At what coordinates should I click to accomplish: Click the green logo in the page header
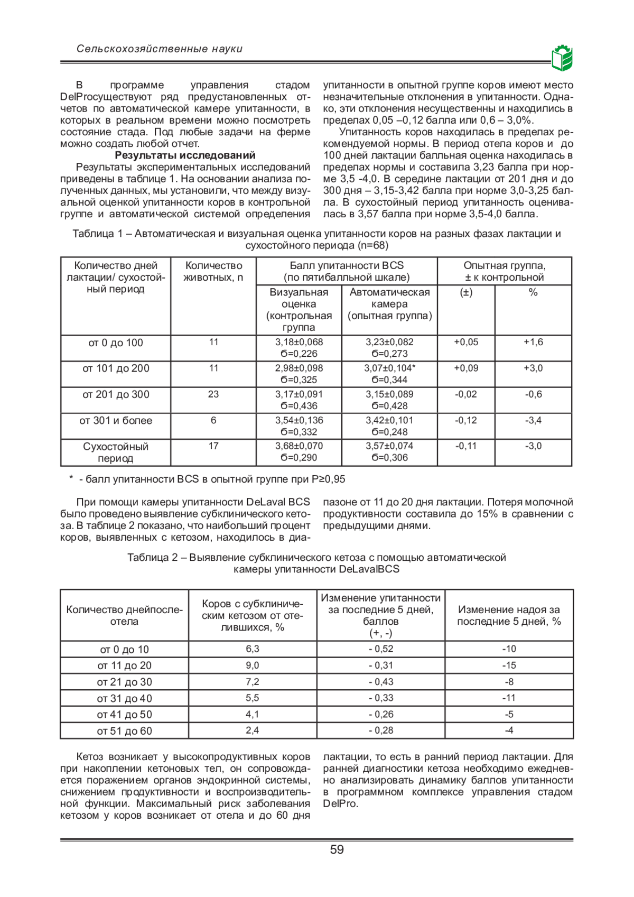(x=562, y=58)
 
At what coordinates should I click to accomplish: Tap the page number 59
(x=337, y=849)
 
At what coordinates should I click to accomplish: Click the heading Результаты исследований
(x=185, y=155)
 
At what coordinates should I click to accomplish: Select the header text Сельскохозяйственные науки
(x=160, y=49)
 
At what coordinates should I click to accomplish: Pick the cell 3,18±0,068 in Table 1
(x=299, y=343)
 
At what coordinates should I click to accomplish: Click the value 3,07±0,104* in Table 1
(x=389, y=368)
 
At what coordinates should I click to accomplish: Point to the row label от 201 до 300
(x=116, y=395)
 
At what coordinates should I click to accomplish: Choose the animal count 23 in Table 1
(x=213, y=394)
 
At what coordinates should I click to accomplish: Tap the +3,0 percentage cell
(x=533, y=368)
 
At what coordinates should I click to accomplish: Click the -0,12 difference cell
(x=466, y=420)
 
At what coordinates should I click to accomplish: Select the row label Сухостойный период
(x=116, y=452)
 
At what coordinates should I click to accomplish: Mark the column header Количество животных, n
(x=213, y=272)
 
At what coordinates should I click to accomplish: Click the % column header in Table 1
(x=533, y=292)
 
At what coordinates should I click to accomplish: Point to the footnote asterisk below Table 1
(x=71, y=479)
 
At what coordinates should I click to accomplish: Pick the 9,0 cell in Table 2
(x=253, y=665)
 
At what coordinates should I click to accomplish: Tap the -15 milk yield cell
(x=509, y=665)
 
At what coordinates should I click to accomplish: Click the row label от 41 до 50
(x=124, y=715)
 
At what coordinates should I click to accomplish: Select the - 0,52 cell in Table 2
(x=381, y=649)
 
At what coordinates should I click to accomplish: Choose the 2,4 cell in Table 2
(x=253, y=730)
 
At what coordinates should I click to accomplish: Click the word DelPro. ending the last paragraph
(x=341, y=804)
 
